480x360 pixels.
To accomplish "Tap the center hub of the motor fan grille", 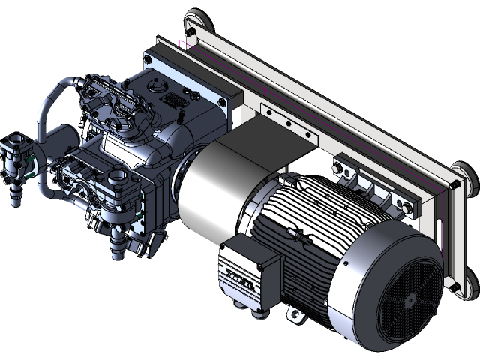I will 409,299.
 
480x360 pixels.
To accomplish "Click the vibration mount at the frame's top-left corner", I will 194,19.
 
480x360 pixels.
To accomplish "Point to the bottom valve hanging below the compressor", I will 116,244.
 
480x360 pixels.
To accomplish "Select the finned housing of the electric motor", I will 315,217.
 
